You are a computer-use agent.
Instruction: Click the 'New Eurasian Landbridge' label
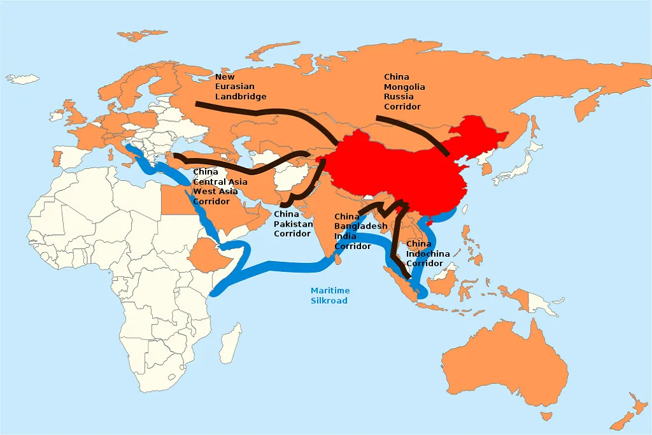[240, 87]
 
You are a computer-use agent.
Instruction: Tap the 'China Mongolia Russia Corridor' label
[404, 92]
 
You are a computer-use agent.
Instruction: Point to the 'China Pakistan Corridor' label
[293, 224]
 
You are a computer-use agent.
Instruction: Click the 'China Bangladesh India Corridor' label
[360, 231]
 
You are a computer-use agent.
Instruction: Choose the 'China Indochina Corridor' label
[427, 253]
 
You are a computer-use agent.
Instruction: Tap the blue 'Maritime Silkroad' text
[329, 295]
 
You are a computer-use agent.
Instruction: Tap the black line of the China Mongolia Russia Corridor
[414, 127]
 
